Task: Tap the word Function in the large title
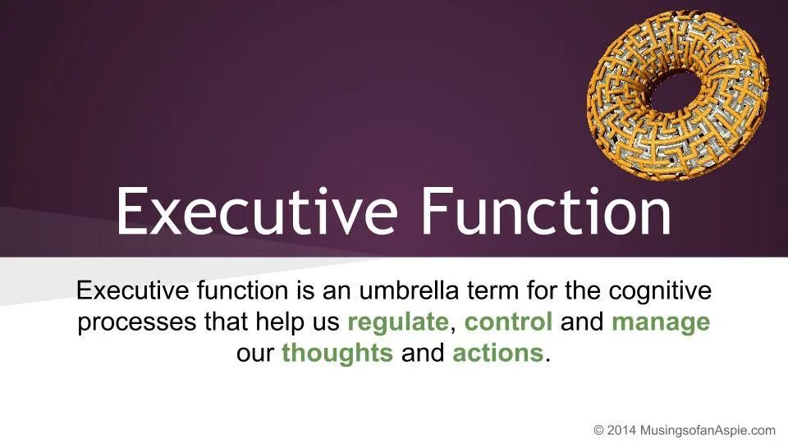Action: (546, 211)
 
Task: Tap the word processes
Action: (136, 322)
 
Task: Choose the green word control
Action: (508, 322)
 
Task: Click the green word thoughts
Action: (337, 354)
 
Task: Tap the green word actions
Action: (498, 354)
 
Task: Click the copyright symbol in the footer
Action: (599, 430)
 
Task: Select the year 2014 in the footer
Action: (621, 430)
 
